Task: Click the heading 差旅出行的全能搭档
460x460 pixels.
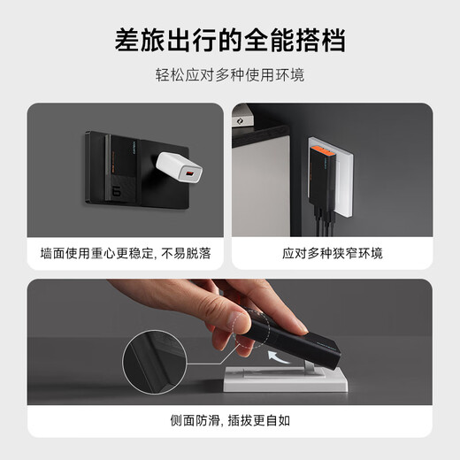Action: [230, 40]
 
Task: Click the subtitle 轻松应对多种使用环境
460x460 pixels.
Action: [230, 76]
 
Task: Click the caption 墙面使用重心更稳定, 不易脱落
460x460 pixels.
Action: [125, 253]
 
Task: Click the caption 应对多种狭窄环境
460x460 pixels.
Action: [333, 253]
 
